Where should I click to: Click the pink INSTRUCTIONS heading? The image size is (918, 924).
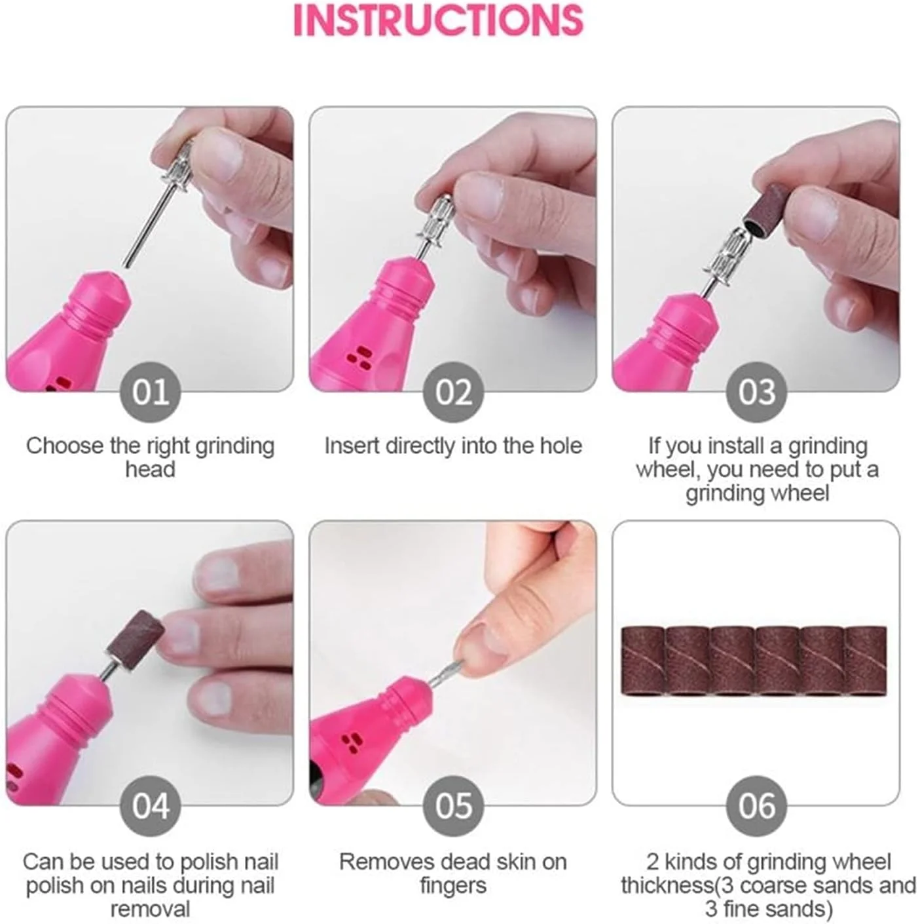(x=438, y=20)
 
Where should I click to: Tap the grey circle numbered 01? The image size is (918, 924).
(x=151, y=393)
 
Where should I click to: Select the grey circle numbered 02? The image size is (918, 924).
(x=453, y=393)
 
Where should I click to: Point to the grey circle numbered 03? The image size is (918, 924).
(x=756, y=393)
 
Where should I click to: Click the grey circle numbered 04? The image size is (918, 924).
(x=151, y=806)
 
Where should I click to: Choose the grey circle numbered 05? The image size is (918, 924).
(x=453, y=806)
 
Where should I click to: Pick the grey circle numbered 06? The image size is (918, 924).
(x=756, y=806)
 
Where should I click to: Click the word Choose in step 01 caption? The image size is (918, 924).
(x=64, y=446)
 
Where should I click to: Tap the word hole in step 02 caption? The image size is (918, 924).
(x=561, y=446)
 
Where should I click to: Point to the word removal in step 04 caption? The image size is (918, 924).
(x=151, y=909)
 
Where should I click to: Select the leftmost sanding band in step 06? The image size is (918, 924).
(x=642, y=660)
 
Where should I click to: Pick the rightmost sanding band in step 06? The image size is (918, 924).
(x=866, y=660)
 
